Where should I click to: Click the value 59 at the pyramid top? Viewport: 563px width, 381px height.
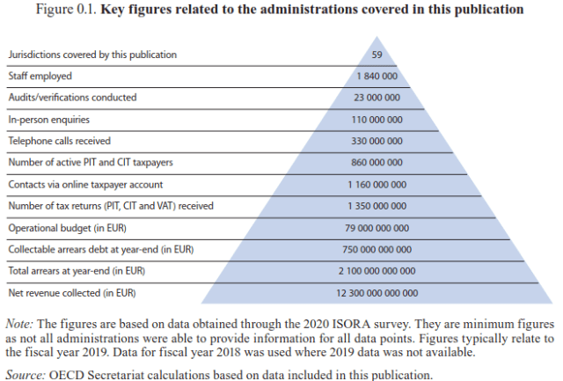click(377, 55)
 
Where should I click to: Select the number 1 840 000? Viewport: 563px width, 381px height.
click(377, 77)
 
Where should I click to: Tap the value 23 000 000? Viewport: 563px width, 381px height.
click(377, 98)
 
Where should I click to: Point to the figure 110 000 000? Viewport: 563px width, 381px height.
click(377, 120)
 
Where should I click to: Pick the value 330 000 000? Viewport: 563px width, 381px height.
click(377, 141)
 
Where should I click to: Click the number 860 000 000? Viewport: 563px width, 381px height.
click(377, 163)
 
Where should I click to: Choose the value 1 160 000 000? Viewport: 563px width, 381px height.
click(377, 184)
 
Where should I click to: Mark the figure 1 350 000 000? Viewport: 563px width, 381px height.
click(377, 206)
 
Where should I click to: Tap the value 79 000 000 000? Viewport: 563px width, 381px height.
click(377, 227)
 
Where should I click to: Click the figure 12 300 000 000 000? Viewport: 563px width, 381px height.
click(377, 292)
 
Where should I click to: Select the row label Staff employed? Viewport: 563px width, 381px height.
click(40, 77)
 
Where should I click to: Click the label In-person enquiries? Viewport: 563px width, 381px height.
click(48, 120)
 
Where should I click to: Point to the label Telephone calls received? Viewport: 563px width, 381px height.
click(59, 141)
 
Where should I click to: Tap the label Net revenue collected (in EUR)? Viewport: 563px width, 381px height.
click(71, 292)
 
